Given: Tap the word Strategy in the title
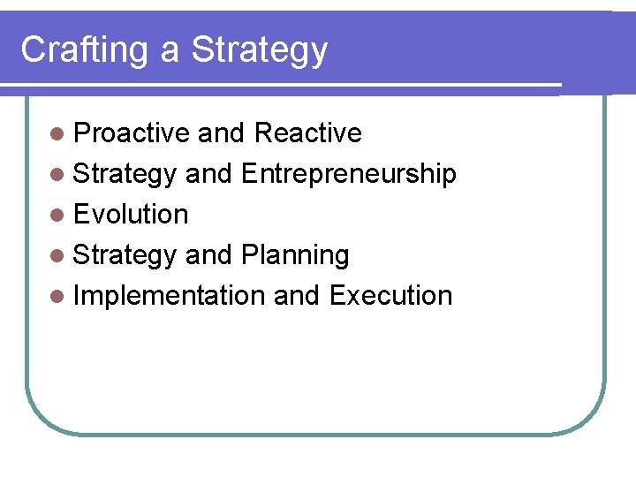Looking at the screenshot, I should point(259,50).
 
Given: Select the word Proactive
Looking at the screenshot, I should point(132,133).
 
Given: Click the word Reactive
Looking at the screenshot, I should point(307,133).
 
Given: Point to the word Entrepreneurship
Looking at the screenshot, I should point(348,174).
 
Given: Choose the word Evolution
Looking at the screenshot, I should point(131,215).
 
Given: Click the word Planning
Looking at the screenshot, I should point(294,255).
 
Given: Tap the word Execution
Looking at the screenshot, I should point(390,296).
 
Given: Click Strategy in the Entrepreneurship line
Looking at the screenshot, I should point(125,174).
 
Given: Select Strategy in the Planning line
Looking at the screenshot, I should point(125,255).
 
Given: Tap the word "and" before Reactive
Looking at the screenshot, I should point(221,133).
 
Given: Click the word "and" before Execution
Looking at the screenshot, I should point(297,296).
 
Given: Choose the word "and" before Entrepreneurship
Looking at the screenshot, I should point(208,174).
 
